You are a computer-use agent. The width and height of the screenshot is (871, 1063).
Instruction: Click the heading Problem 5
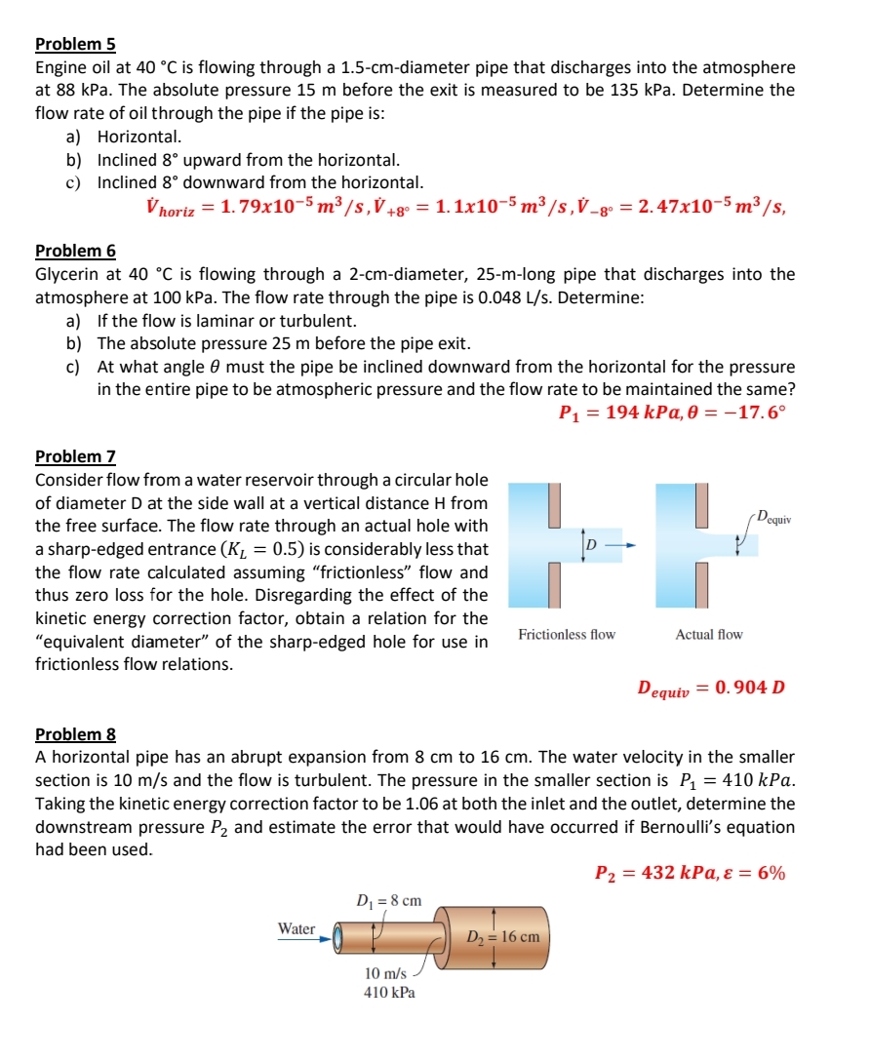point(75,44)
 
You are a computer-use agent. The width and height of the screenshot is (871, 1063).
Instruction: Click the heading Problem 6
point(75,251)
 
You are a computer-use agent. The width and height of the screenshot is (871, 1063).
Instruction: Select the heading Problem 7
point(75,456)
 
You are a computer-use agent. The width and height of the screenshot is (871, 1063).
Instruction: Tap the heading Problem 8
point(75,733)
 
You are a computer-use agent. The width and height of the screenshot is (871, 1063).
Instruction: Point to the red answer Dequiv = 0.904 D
point(711,688)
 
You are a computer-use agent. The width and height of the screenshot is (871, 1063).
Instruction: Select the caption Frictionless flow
point(567,635)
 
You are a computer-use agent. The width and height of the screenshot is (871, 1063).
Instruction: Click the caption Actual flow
point(709,635)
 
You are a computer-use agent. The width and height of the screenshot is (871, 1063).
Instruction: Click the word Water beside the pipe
point(297,929)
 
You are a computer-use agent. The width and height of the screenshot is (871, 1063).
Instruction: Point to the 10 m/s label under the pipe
point(385,973)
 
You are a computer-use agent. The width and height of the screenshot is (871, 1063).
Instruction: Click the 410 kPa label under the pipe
point(389,993)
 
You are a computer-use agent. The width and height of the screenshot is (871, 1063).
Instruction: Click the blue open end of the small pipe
point(338,939)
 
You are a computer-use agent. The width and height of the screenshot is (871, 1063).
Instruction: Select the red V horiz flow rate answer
point(284,208)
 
